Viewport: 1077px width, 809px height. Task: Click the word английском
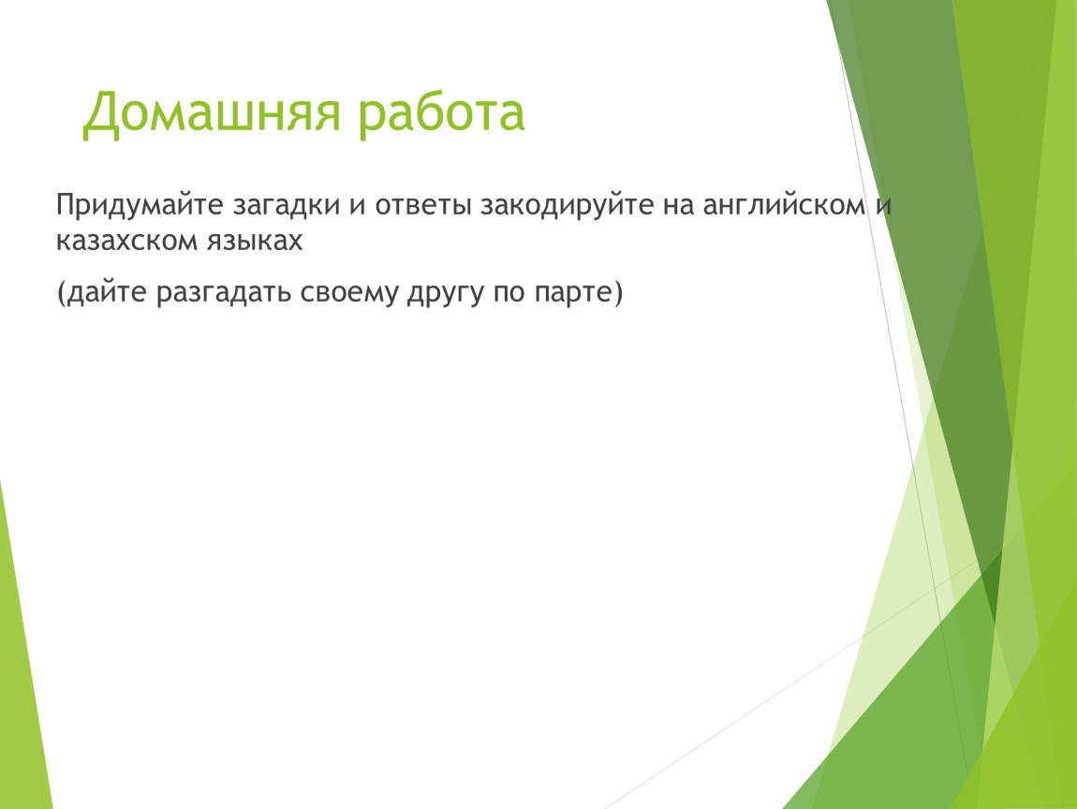click(x=784, y=206)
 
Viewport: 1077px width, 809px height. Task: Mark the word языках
click(x=250, y=242)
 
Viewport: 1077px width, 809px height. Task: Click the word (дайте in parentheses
click(x=102, y=293)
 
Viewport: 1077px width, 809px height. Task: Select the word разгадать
click(x=224, y=293)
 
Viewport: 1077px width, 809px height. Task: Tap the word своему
click(x=349, y=293)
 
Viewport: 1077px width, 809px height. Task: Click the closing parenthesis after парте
click(x=618, y=292)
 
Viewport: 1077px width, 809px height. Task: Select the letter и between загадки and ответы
click(x=358, y=207)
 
